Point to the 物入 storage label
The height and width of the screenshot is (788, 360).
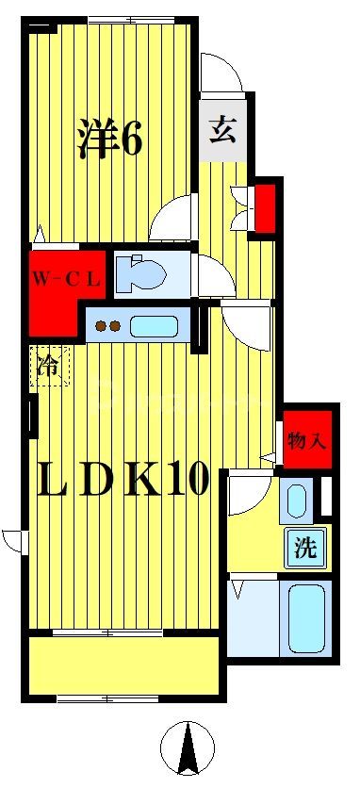coord(306,439)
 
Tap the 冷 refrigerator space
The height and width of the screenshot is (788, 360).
coord(48,367)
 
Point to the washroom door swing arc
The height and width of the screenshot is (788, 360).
coord(247,493)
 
